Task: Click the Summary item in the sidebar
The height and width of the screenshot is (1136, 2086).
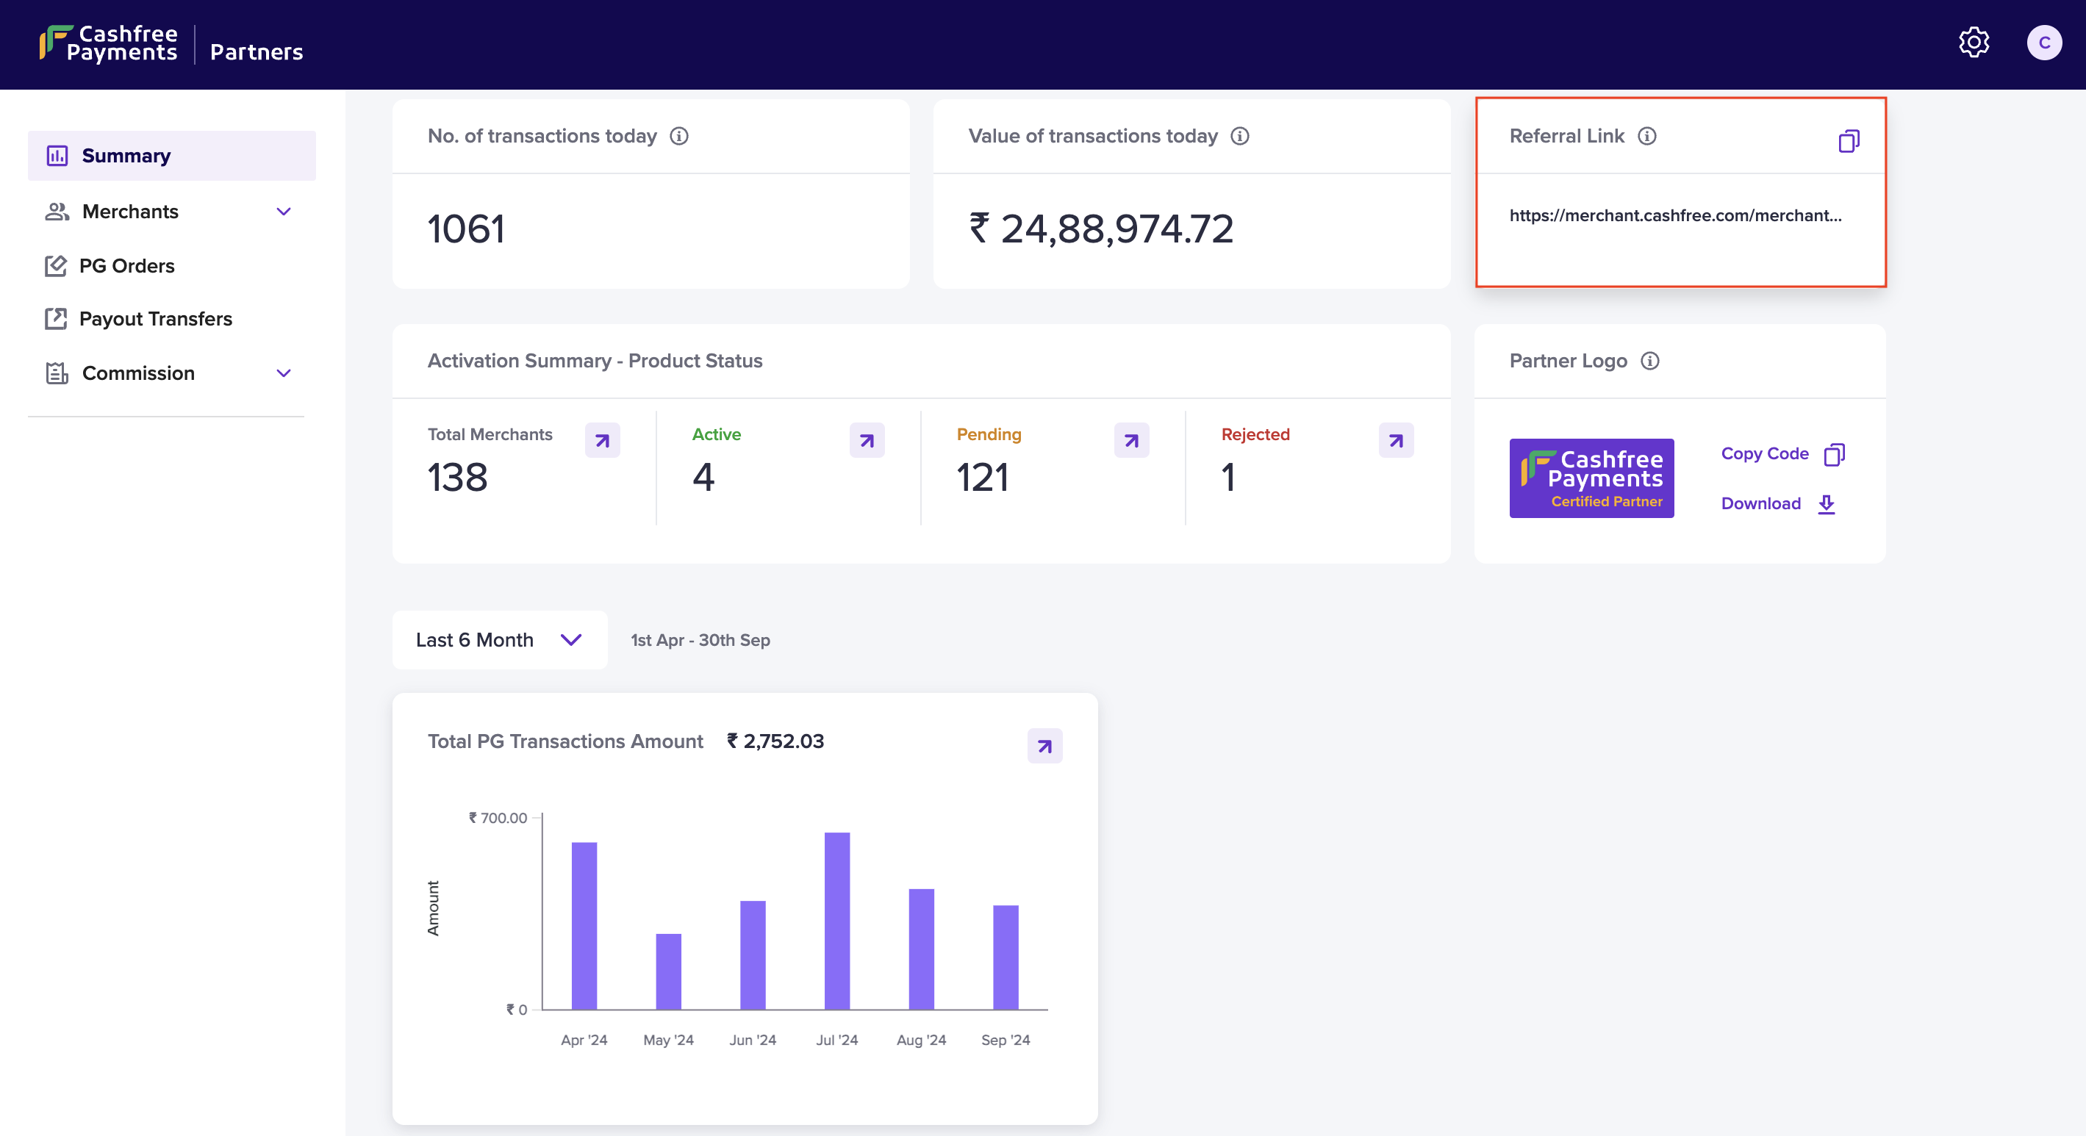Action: pyautogui.click(x=126, y=156)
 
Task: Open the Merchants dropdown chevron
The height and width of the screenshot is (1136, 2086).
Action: pyautogui.click(x=284, y=212)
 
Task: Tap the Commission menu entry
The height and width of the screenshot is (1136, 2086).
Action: pyautogui.click(x=137, y=373)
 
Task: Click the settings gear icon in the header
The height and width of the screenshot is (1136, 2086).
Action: pyautogui.click(x=1974, y=42)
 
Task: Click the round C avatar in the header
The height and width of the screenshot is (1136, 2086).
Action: pyautogui.click(x=2044, y=43)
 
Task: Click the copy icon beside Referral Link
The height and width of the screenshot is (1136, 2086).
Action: pyautogui.click(x=1849, y=141)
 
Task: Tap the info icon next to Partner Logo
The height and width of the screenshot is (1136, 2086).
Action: pyautogui.click(x=1649, y=361)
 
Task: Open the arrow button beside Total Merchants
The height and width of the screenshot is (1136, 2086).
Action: pyautogui.click(x=603, y=440)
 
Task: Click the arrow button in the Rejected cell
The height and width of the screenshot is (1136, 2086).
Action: pyautogui.click(x=1396, y=440)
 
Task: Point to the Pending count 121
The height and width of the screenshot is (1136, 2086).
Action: pyautogui.click(x=982, y=478)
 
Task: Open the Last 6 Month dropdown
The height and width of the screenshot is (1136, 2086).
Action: pyautogui.click(x=499, y=641)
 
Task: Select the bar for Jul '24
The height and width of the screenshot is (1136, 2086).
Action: pyautogui.click(x=836, y=921)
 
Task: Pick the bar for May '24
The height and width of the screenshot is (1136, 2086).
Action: pyautogui.click(x=668, y=971)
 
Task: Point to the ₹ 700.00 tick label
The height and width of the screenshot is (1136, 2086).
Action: pyautogui.click(x=498, y=818)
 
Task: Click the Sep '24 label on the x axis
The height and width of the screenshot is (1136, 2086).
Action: pyautogui.click(x=1005, y=1040)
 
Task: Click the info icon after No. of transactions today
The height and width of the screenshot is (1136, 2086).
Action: pyautogui.click(x=678, y=136)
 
